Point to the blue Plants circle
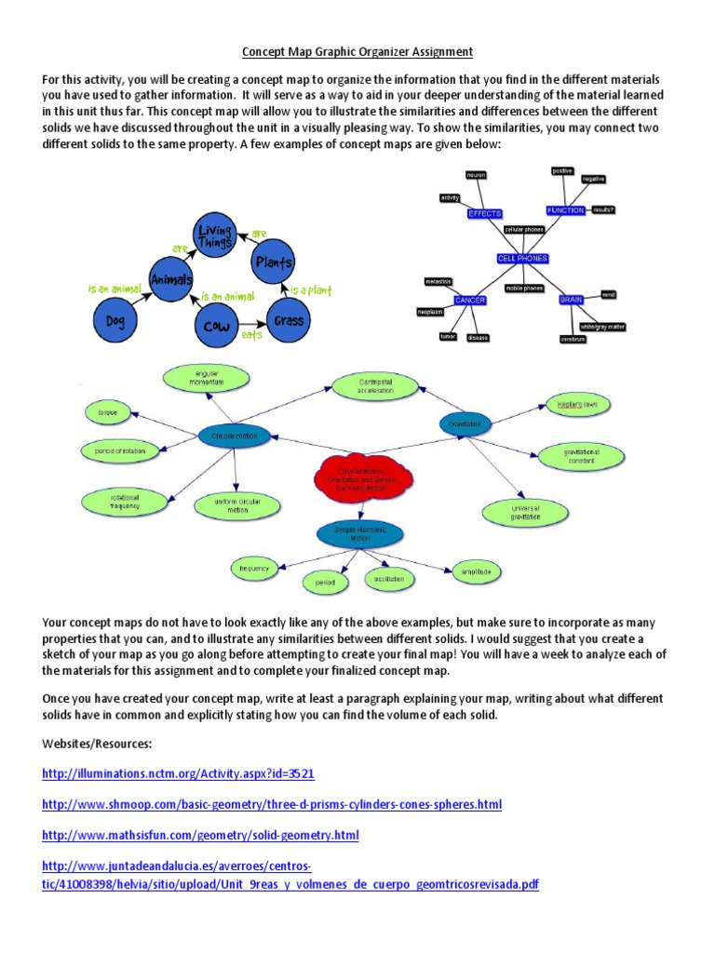[x=275, y=262]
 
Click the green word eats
[x=252, y=334]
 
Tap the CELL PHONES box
[x=522, y=258]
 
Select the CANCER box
[x=471, y=300]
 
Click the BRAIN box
[x=570, y=300]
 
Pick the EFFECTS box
[x=484, y=213]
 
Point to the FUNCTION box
[x=565, y=211]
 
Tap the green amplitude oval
[x=476, y=570]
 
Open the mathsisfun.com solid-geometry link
[x=200, y=835]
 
